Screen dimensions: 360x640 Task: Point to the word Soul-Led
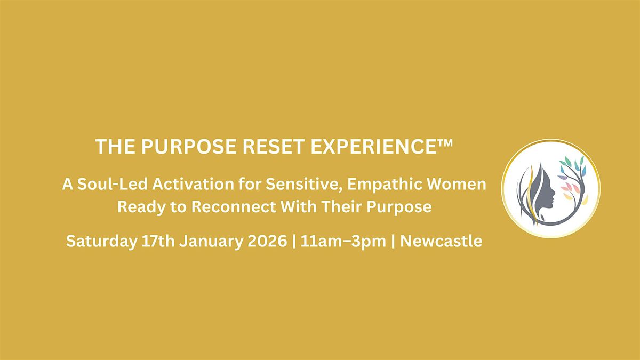[x=102, y=185]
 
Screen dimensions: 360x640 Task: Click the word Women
[x=460, y=185]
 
